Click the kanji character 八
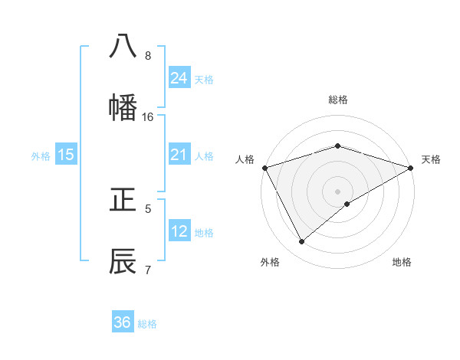point(123,46)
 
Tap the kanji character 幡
point(123,107)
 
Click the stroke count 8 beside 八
point(148,56)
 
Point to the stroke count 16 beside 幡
point(148,117)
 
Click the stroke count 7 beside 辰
point(148,270)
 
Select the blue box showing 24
point(179,77)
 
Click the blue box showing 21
point(179,155)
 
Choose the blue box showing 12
point(179,231)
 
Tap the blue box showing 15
point(66,155)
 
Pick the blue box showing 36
point(123,322)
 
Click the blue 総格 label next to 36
point(147,324)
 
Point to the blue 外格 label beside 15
point(41,156)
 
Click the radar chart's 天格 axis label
point(432,159)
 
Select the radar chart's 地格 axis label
point(402,263)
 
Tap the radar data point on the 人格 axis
point(264,168)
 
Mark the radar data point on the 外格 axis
point(302,242)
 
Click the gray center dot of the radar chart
point(337,191)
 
